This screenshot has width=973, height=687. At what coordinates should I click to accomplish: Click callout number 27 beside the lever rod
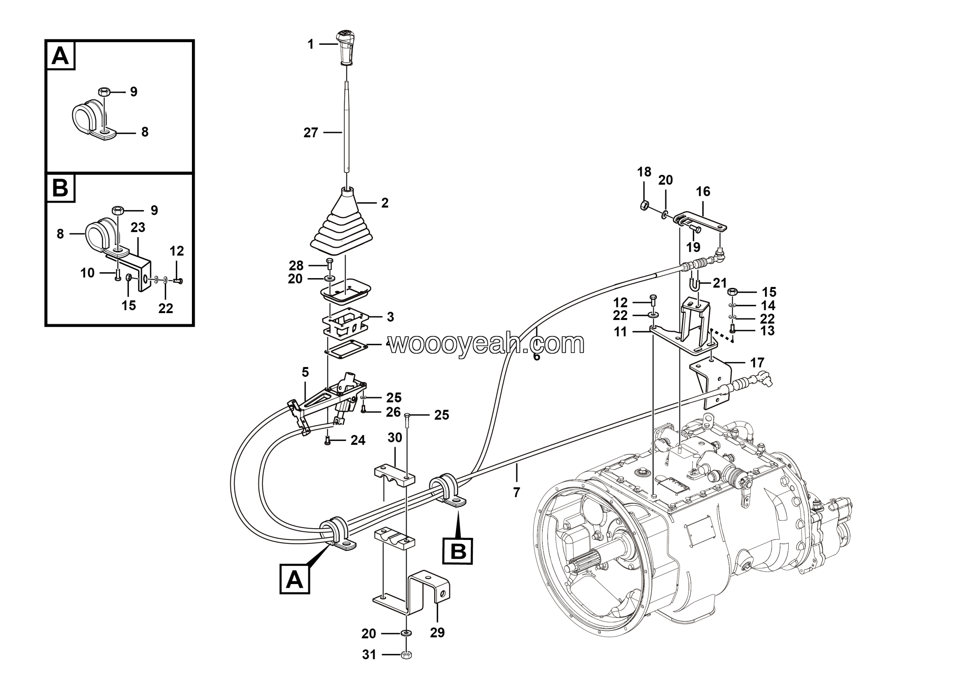coord(311,133)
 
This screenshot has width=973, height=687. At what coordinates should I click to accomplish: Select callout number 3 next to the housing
coord(390,317)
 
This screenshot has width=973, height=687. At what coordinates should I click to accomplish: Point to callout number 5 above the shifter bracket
coord(305,372)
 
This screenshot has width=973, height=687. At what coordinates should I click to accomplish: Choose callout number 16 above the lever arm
coord(703,192)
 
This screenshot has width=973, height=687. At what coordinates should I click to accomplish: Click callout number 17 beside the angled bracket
coord(757,362)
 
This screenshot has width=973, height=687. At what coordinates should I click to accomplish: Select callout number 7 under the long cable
coord(516,492)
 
